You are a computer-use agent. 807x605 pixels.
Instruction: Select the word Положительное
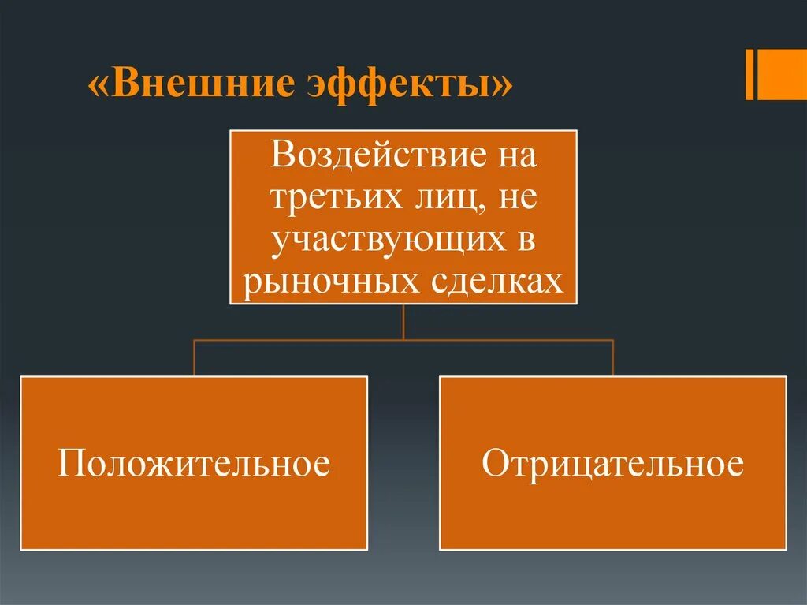click(x=193, y=464)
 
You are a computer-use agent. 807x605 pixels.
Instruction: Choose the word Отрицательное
click(x=612, y=464)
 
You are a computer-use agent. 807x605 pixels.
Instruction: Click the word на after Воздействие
click(x=515, y=155)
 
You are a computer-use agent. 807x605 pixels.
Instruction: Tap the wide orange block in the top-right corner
click(x=783, y=75)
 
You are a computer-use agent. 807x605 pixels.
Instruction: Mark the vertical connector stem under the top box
click(x=403, y=322)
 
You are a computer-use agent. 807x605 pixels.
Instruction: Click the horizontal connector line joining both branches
click(x=403, y=340)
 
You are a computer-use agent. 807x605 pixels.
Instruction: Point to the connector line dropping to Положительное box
click(x=194, y=358)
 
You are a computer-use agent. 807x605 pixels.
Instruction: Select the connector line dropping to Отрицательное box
click(x=613, y=358)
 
